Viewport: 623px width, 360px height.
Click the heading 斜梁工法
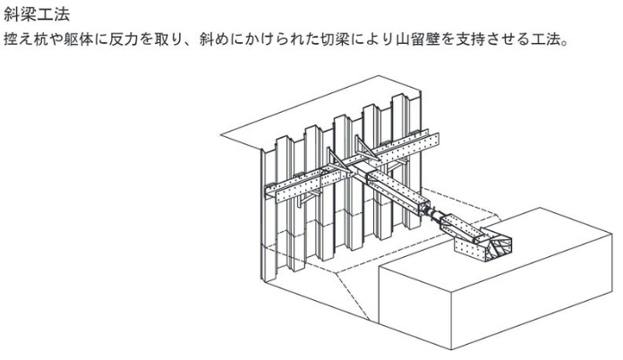click(37, 14)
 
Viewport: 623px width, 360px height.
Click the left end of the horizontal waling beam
click(270, 193)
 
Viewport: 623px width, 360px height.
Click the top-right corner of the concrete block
click(612, 235)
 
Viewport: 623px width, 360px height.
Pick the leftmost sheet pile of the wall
click(269, 215)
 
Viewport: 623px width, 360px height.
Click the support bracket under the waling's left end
click(308, 199)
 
